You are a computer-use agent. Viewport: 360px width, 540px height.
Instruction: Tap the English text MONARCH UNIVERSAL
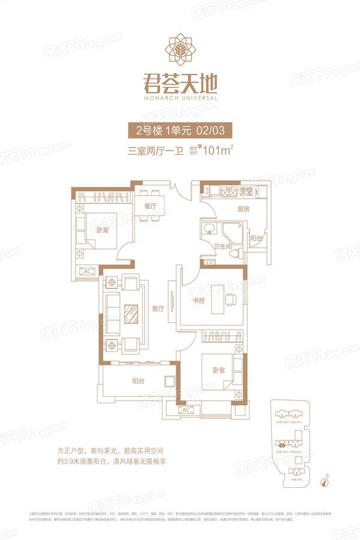(180, 97)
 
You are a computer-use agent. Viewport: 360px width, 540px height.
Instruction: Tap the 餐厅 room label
(151, 206)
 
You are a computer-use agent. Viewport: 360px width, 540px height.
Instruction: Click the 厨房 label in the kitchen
(235, 209)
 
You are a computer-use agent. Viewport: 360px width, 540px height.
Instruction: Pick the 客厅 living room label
(158, 310)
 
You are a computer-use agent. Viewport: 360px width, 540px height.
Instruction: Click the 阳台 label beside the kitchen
(256, 238)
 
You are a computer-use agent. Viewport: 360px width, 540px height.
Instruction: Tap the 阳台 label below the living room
(139, 380)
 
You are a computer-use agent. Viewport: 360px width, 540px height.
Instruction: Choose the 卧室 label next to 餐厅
(101, 230)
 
